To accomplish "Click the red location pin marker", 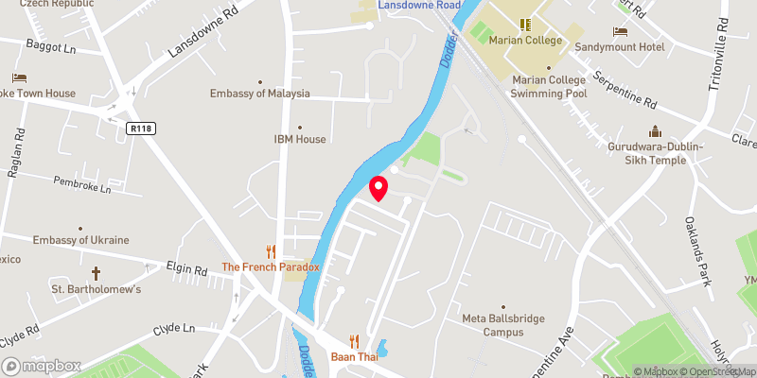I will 378,187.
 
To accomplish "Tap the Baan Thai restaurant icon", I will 355,341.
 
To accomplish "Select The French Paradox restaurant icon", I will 271,251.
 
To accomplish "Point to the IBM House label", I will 300,139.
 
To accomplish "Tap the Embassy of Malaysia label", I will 259,94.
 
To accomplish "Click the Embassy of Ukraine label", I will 80,240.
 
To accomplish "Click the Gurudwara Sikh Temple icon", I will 653,131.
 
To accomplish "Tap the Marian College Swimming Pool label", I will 549,87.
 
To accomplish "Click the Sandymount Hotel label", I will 620,44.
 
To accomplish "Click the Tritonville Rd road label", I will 716,56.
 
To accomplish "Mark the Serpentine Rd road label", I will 625,89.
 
